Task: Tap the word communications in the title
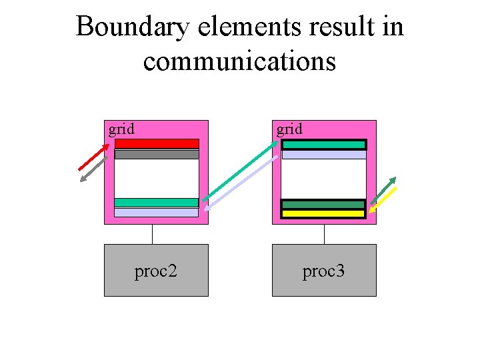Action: [239, 61]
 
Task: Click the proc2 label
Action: [155, 271]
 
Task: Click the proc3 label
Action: [323, 271]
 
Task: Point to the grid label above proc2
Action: [121, 129]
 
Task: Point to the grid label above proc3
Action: [289, 129]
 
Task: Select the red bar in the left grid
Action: [157, 143]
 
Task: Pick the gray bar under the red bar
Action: [157, 154]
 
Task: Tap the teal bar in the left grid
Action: [156, 202]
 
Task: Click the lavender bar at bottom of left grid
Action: [156, 213]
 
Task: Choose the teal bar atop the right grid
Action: [324, 144]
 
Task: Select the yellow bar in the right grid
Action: [323, 214]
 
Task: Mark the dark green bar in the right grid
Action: [323, 205]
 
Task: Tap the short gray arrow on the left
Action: [93, 169]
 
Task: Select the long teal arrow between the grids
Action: [240, 170]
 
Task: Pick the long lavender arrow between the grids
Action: [241, 183]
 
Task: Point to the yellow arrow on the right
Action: [383, 199]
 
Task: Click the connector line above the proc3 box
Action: [324, 234]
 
